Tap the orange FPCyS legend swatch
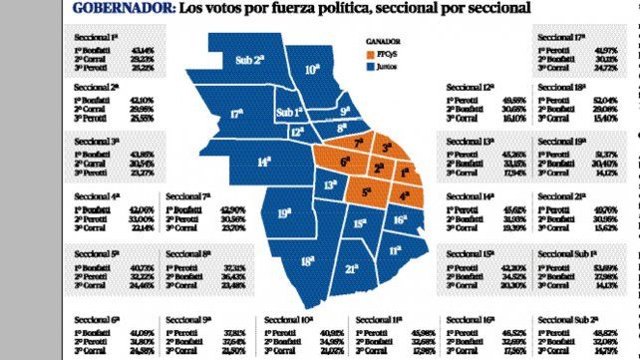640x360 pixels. click(371, 52)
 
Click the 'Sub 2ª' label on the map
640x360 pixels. click(249, 60)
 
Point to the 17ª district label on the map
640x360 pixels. click(237, 113)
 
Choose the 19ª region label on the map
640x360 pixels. click(284, 211)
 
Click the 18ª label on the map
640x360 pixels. click(309, 261)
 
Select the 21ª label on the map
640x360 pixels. click(352, 268)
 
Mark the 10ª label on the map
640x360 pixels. click(312, 70)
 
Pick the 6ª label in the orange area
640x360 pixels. click(346, 162)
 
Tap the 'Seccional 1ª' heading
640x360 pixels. click(97, 37)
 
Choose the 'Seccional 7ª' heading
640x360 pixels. click(186, 196)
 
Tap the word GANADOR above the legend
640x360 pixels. click(383, 41)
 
